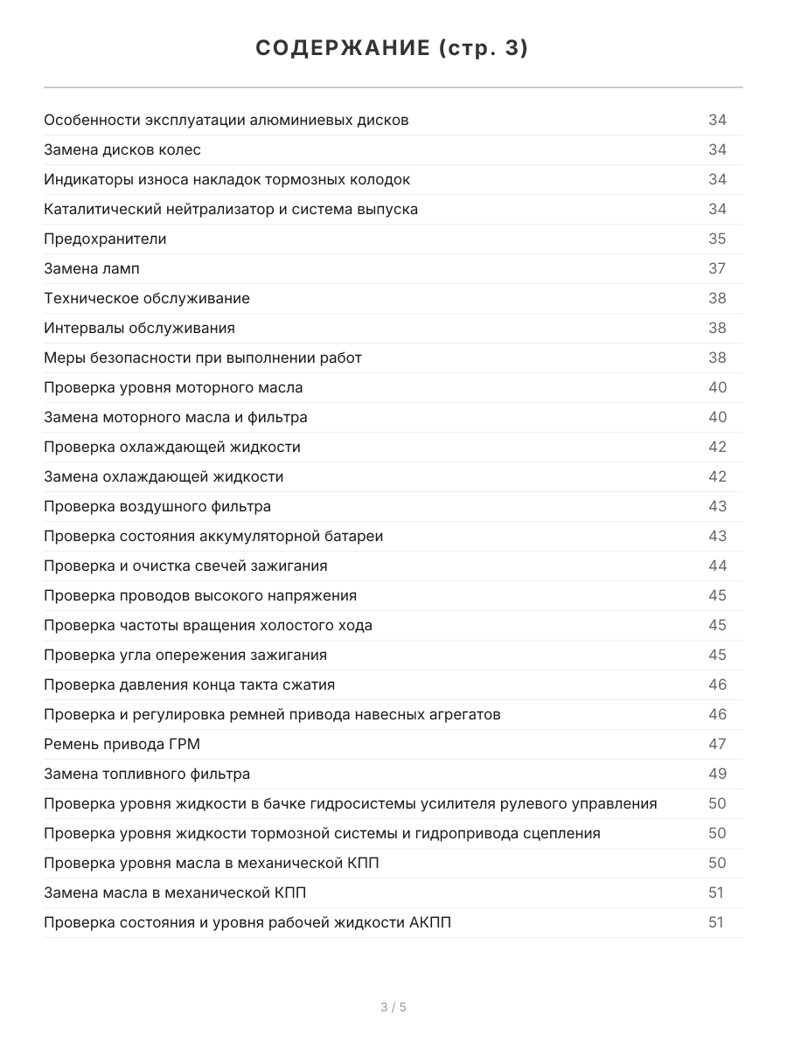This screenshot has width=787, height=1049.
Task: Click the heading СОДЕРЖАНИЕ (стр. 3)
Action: (x=393, y=49)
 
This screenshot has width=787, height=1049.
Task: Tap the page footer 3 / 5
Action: (x=393, y=1007)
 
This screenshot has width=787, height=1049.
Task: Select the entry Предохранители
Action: (x=105, y=239)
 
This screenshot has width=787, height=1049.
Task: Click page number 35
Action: (x=717, y=239)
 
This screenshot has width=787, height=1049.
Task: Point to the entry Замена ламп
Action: (x=92, y=268)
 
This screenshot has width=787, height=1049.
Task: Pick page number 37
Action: (x=717, y=268)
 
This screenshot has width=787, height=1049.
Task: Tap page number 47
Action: (x=717, y=744)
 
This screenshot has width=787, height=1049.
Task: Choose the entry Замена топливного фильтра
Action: (x=147, y=774)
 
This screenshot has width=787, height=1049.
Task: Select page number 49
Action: (x=717, y=774)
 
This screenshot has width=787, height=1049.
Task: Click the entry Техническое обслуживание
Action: (x=147, y=298)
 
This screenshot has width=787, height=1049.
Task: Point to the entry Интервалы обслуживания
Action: (x=139, y=328)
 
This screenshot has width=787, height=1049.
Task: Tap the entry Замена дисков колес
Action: (x=122, y=149)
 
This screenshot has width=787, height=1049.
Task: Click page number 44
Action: (x=717, y=566)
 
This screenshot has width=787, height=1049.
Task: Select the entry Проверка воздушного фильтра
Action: (x=157, y=506)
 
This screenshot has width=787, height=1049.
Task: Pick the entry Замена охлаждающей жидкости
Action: (x=164, y=476)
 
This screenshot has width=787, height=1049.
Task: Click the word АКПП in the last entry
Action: (x=430, y=922)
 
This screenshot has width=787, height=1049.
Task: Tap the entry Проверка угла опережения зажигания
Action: (x=185, y=655)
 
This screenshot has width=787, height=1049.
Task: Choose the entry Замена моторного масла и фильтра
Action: (x=176, y=417)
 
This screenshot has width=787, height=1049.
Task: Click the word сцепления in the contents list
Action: (x=561, y=833)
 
